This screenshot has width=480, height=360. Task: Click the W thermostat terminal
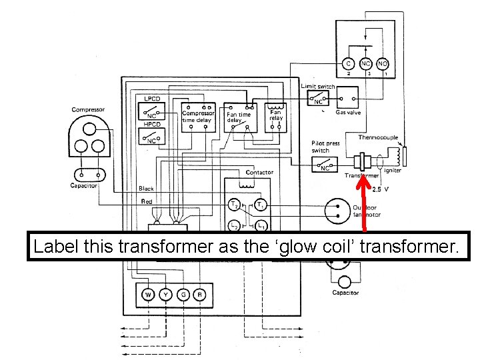147,295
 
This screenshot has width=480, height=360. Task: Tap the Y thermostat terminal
164,295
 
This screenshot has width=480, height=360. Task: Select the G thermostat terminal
181,295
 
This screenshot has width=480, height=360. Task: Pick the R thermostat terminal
199,295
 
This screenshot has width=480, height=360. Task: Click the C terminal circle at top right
348,63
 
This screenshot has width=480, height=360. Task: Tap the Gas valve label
348,113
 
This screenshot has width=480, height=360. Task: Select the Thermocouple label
378,137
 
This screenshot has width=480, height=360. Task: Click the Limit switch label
318,87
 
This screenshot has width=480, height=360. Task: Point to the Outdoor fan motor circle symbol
337,211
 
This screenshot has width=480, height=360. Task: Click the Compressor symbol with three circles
89,135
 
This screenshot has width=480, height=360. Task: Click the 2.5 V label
381,189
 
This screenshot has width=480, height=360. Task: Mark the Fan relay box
275,116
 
